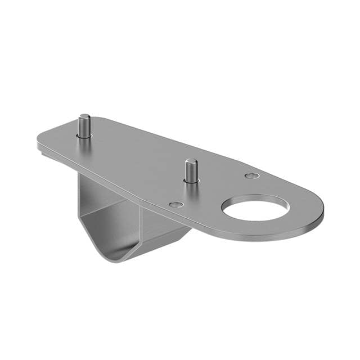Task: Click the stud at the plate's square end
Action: pos(84,126)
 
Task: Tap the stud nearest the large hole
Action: pos(191,170)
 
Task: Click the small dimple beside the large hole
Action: pos(252,176)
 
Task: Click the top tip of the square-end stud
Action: pos(84,116)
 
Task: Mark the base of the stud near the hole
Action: pos(191,179)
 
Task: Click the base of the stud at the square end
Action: pos(84,135)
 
